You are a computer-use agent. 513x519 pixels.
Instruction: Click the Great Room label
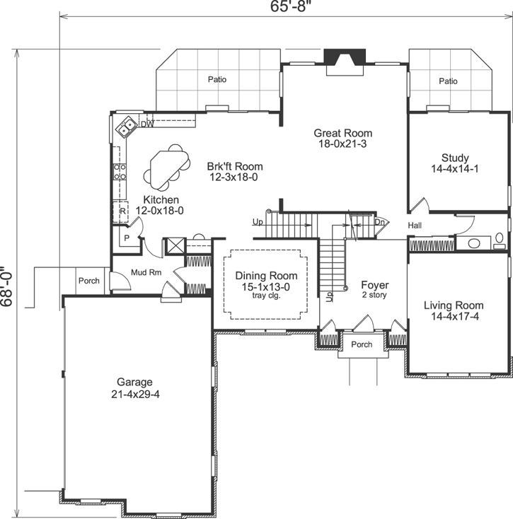[343, 133]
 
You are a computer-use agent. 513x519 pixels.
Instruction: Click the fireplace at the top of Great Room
[344, 57]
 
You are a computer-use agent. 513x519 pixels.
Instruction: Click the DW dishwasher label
[147, 124]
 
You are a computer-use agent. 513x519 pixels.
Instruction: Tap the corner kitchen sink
[127, 127]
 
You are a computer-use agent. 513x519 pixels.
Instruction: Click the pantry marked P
[127, 238]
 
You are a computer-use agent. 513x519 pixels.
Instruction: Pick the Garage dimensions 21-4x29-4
[134, 394]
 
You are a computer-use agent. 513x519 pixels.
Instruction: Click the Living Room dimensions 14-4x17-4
[451, 316]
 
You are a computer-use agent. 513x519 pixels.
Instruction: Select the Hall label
[415, 225]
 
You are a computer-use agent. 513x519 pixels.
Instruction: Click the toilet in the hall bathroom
[500, 239]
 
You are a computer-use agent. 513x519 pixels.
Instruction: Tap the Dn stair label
[379, 221]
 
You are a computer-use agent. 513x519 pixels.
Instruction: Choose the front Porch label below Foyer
[362, 345]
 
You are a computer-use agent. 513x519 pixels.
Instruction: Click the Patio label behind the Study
[448, 81]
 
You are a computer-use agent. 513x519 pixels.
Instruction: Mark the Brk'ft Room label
[231, 167]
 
